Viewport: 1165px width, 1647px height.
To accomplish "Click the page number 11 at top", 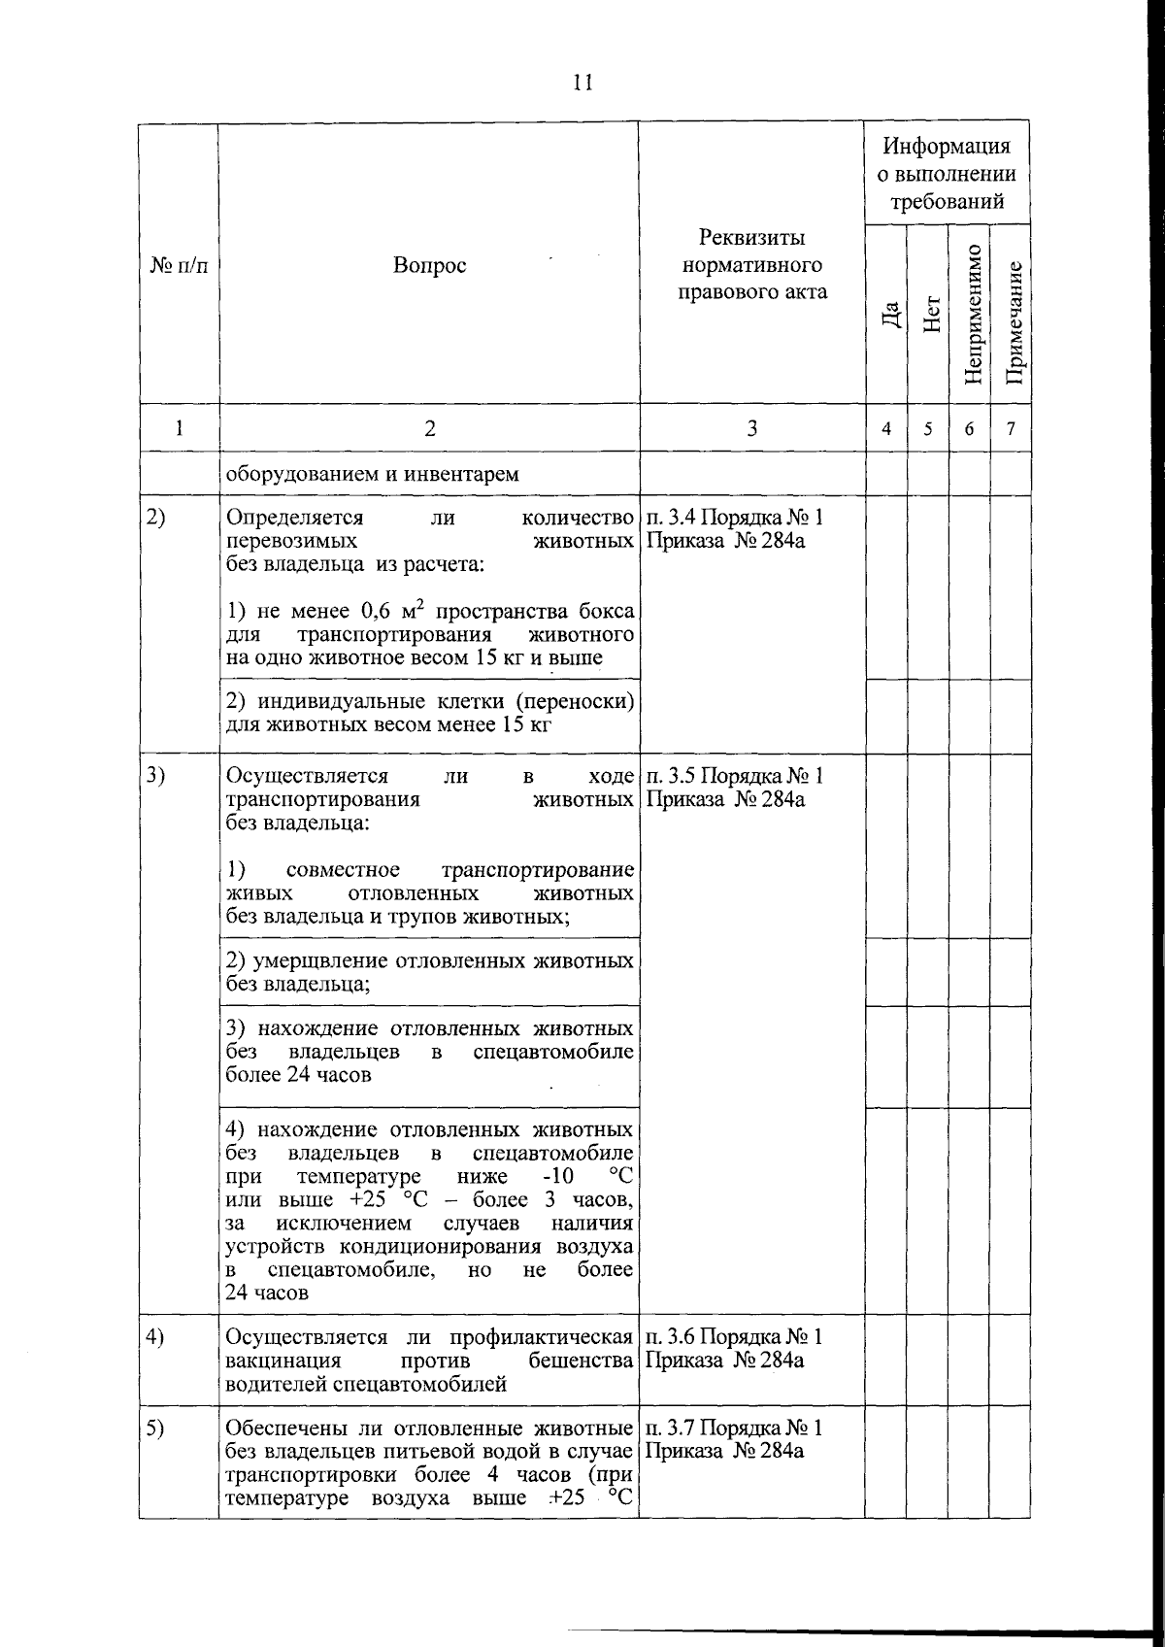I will pos(582,83).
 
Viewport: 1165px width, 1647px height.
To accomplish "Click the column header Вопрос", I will pos(429,266).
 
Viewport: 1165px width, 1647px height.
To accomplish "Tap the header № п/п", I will pos(179,266).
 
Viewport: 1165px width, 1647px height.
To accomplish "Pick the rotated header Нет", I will pos(931,314).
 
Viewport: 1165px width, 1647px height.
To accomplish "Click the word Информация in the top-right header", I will pos(947,146).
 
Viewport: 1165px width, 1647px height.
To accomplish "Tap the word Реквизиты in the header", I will pos(751,238).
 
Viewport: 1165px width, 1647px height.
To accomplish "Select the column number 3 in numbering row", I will pos(751,428).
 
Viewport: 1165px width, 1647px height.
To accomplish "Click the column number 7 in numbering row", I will pos(1011,428).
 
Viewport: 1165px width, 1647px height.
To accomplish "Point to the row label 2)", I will pos(156,518).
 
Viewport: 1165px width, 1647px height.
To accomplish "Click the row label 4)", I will pos(156,1337).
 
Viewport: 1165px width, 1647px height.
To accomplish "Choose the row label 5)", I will pos(156,1429).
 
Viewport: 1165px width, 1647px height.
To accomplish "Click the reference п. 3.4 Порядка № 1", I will pos(734,518).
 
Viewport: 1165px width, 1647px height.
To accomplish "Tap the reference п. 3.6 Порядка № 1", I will pos(734,1337).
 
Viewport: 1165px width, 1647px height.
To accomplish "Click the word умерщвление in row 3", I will pos(320,961).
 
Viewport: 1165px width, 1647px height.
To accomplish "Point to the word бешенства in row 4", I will pos(581,1361).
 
